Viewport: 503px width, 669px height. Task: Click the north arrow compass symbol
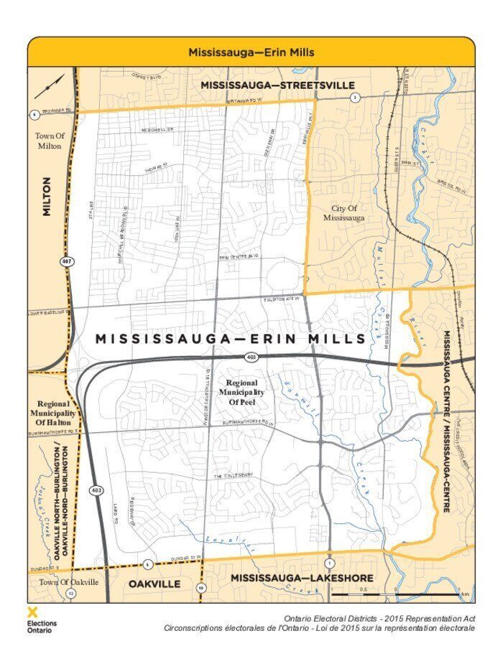point(49,87)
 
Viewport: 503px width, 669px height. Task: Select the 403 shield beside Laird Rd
point(96,490)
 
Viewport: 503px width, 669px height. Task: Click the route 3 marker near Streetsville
point(354,98)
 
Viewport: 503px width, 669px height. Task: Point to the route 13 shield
point(70,594)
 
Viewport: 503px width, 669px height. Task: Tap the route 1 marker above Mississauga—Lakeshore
point(328,562)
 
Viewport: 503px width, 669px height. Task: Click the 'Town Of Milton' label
point(50,140)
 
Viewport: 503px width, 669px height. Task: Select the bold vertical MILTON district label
point(47,197)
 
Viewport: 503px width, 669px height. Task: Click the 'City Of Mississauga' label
point(344,213)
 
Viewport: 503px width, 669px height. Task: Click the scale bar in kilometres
point(394,593)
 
